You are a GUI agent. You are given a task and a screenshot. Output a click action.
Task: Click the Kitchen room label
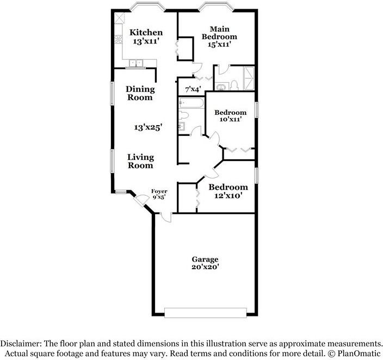coord(145,33)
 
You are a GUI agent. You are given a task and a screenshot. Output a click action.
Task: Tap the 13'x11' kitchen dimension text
coord(145,41)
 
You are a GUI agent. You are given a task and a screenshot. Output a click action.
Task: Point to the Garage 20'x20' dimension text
coord(205,267)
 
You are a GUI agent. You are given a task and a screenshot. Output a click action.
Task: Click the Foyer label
coord(159,191)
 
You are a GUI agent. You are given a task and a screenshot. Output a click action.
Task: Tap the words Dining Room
coord(140,93)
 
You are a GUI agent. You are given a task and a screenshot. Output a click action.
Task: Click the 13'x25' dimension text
coord(149,127)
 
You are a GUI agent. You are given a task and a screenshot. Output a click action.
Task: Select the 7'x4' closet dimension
coord(193,89)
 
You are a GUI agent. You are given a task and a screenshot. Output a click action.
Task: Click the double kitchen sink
coord(134,63)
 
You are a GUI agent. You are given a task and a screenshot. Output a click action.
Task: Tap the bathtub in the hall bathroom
coord(190,103)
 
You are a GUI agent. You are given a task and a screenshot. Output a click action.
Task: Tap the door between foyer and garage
coord(165,217)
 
